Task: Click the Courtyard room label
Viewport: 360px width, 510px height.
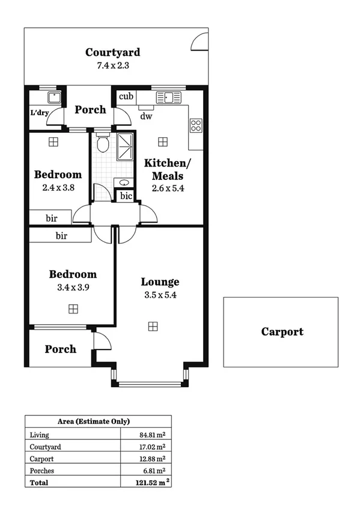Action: pyautogui.click(x=112, y=52)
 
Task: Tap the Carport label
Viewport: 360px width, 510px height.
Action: pyautogui.click(x=282, y=331)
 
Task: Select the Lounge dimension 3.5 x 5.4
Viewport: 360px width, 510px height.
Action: pyautogui.click(x=160, y=295)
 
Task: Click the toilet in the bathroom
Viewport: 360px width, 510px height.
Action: pyautogui.click(x=102, y=143)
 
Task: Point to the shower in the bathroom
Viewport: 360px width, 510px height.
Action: pyautogui.click(x=126, y=147)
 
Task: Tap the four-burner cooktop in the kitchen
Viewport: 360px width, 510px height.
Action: pyautogui.click(x=196, y=125)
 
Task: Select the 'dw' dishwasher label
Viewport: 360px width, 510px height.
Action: pyautogui.click(x=145, y=116)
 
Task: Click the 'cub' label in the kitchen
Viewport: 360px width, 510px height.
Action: pyautogui.click(x=126, y=97)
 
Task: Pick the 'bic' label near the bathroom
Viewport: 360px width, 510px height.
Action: pyautogui.click(x=126, y=196)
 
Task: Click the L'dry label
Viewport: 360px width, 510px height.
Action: pyautogui.click(x=38, y=112)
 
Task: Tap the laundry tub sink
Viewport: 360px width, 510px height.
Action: pyautogui.click(x=54, y=98)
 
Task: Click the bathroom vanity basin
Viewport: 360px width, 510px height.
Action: pyautogui.click(x=124, y=182)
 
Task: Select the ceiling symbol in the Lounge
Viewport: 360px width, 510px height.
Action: pyautogui.click(x=153, y=326)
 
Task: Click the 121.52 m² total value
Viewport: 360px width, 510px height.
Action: pyautogui.click(x=150, y=482)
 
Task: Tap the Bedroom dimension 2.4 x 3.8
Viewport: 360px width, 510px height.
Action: pyautogui.click(x=58, y=187)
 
